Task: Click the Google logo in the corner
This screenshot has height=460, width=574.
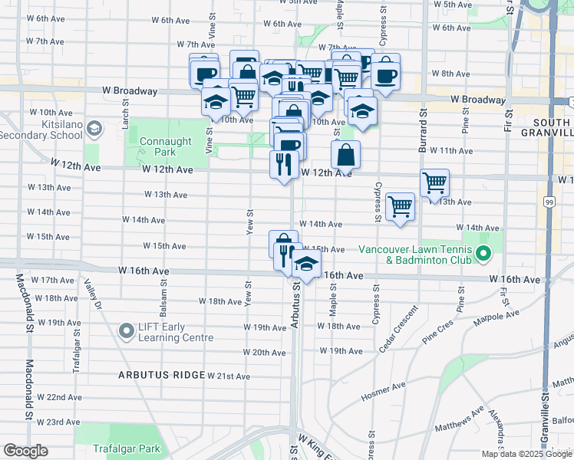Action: (25, 451)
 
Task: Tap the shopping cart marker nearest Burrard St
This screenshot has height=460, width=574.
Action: (434, 182)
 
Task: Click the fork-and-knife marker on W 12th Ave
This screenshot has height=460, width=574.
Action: (283, 163)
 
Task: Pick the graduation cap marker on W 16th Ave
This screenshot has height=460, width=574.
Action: (306, 265)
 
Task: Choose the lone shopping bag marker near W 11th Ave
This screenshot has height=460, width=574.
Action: (346, 154)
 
